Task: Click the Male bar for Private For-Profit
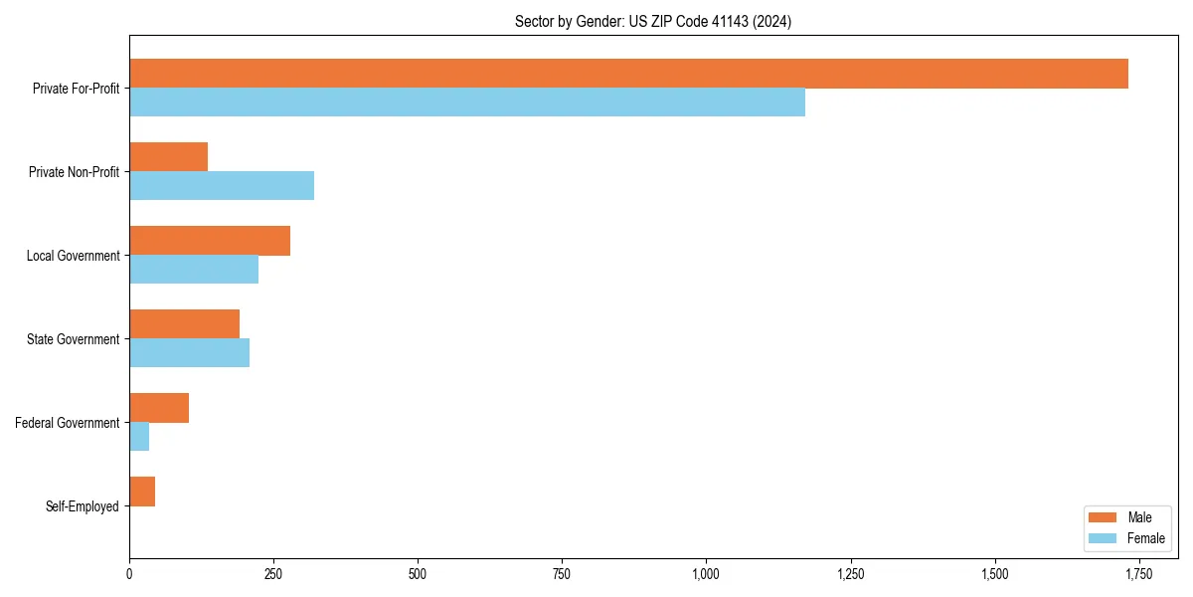628,74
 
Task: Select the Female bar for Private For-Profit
467,102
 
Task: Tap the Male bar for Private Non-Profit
168,157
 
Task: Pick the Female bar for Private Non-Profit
222,186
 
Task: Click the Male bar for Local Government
210,241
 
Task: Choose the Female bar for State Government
189,353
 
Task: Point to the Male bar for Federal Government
159,408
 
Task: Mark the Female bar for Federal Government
139,437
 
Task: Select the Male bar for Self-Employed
142,492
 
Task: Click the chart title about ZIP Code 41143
653,21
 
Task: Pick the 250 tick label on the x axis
273,574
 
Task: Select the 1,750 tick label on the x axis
1138,574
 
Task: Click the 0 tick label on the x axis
129,574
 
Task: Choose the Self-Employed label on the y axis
83,506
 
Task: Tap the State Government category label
74,339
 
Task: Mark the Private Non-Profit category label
75,172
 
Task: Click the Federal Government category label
68,423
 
